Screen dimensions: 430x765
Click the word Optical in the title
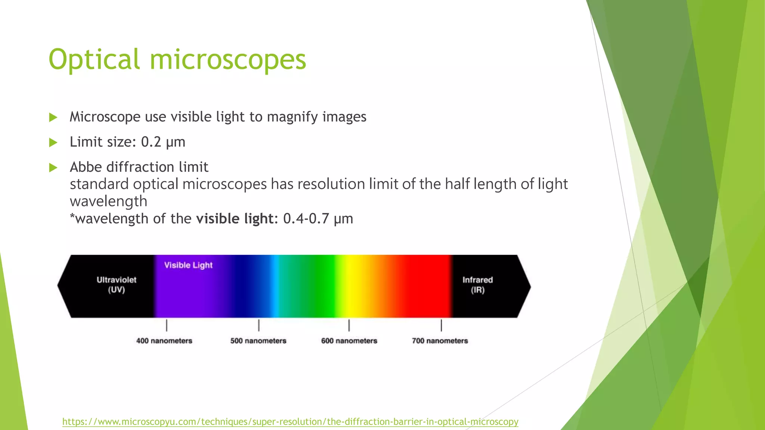(x=94, y=60)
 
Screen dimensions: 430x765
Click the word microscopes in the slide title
(x=228, y=60)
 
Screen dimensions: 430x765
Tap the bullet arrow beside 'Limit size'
(x=53, y=142)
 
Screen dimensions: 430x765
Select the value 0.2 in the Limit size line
(x=151, y=142)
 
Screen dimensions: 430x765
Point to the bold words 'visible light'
(x=235, y=218)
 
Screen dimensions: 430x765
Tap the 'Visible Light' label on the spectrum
(x=188, y=265)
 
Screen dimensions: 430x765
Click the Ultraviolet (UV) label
(x=116, y=285)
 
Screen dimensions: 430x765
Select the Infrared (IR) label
(x=477, y=285)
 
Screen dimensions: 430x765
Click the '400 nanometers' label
(x=164, y=341)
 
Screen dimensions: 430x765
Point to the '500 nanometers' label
(x=258, y=341)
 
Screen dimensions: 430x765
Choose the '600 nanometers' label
(x=349, y=341)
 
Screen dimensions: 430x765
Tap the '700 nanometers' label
(x=440, y=341)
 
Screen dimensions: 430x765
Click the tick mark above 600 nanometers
(x=349, y=325)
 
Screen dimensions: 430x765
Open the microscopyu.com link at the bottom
(x=290, y=422)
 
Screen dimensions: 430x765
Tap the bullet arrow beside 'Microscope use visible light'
(x=53, y=118)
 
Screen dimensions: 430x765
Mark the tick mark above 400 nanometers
(x=167, y=325)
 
